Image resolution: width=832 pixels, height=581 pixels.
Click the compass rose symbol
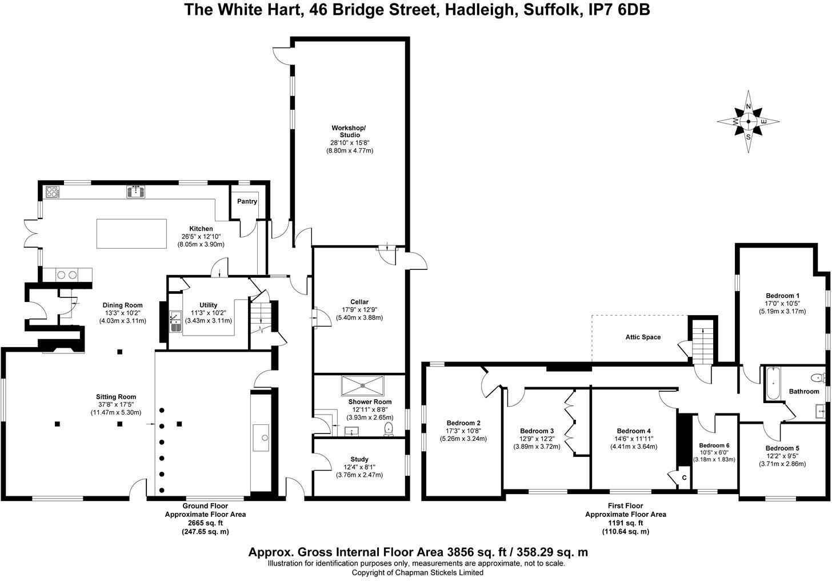[749, 121]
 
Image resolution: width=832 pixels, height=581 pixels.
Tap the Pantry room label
[247, 201]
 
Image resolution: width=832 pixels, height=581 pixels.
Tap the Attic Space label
[643, 337]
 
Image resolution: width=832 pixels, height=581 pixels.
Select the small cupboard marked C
[683, 477]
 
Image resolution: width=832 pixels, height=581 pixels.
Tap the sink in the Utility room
[175, 321]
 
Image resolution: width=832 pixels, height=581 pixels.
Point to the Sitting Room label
[116, 397]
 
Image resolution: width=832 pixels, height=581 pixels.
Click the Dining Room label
[122, 305]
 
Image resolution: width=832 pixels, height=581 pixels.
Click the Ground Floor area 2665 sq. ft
[205, 523]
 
